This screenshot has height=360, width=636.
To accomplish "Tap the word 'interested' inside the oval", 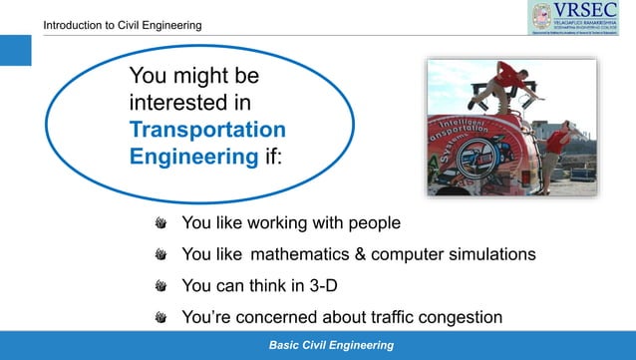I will [189, 102].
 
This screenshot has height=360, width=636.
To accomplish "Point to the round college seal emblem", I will [540, 17].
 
